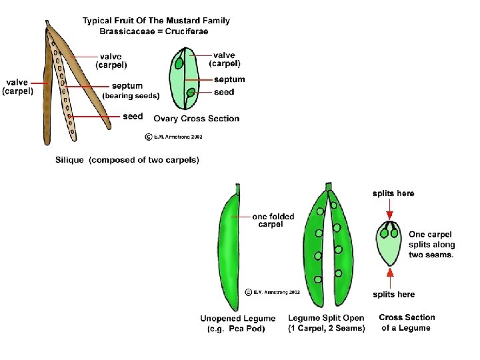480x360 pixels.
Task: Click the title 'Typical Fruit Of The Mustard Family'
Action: point(156,21)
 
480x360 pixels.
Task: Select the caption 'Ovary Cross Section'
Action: point(196,119)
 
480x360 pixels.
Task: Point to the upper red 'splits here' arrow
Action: point(390,213)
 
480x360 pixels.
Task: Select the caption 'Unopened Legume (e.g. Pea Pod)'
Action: point(237,323)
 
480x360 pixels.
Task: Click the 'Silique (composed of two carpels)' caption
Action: point(127,160)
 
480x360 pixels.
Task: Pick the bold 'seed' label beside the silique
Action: point(133,116)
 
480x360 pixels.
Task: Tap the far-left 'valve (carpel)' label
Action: point(18,87)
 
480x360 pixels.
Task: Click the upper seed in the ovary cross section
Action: point(179,64)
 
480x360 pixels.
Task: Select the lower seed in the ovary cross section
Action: point(191,93)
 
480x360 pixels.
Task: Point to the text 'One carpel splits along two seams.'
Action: point(431,244)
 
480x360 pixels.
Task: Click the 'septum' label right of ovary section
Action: point(229,79)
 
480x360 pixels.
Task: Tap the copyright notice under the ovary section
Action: point(173,137)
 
